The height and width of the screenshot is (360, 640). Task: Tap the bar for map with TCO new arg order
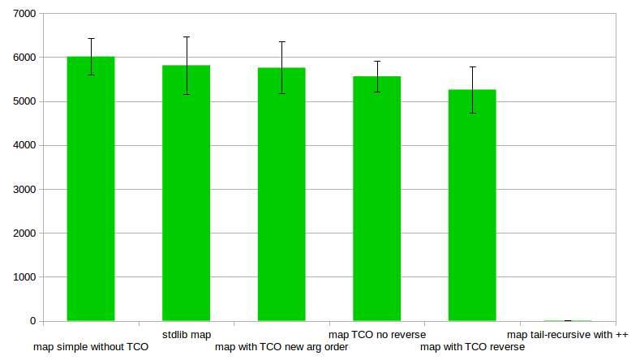281,195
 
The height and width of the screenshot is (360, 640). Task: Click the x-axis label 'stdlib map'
187,334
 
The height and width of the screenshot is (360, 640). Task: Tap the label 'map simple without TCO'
91,347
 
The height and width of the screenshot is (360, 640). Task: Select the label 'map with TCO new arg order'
281,347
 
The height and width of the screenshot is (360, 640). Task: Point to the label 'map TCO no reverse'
377,334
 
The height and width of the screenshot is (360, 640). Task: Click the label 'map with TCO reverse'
472,347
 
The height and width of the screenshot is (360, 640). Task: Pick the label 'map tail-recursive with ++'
568,334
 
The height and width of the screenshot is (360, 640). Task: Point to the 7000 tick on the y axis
24,14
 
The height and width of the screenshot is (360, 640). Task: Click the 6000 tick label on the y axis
24,58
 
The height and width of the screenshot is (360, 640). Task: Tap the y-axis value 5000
24,101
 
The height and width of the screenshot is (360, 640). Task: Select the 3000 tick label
24,189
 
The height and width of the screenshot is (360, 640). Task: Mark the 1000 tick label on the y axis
24,277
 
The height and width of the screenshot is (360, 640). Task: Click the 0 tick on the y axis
32,321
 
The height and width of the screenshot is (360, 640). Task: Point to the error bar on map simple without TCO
91,56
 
